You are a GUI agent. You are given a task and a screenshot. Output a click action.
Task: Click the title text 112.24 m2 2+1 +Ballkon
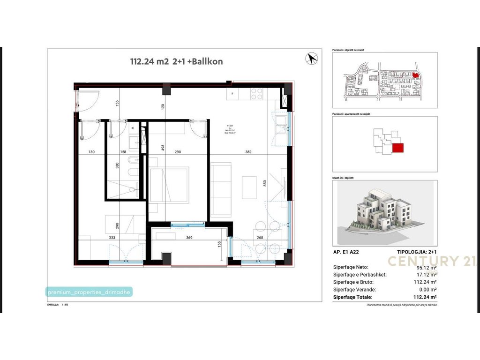point(176,61)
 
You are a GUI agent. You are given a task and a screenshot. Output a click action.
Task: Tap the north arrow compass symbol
point(311,59)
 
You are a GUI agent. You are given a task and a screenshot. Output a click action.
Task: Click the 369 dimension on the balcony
point(189,238)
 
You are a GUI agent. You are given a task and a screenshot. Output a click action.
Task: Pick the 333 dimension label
point(112,238)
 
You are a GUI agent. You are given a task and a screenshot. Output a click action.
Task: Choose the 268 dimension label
point(260,238)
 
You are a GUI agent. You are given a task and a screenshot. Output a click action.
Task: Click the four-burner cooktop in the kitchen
point(256,94)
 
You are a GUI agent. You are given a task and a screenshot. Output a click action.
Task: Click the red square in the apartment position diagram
point(397,148)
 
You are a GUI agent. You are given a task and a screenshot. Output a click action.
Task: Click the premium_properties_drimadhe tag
point(89,292)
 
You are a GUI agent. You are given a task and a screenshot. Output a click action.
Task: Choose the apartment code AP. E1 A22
point(348,252)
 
